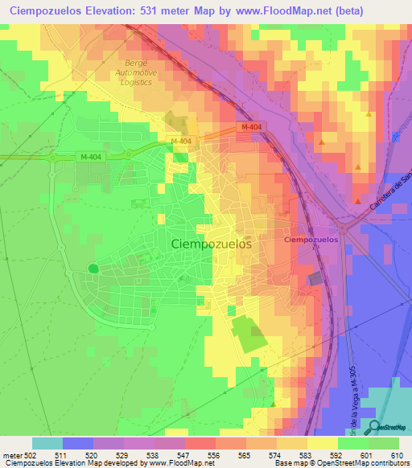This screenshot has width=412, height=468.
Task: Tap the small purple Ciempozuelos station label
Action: pyautogui.click(x=310, y=240)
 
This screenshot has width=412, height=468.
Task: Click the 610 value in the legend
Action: pyautogui.click(x=396, y=455)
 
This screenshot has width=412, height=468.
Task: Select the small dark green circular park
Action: pyautogui.click(x=93, y=269)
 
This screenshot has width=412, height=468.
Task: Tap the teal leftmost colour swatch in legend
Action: pyautogui.click(x=47, y=443)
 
